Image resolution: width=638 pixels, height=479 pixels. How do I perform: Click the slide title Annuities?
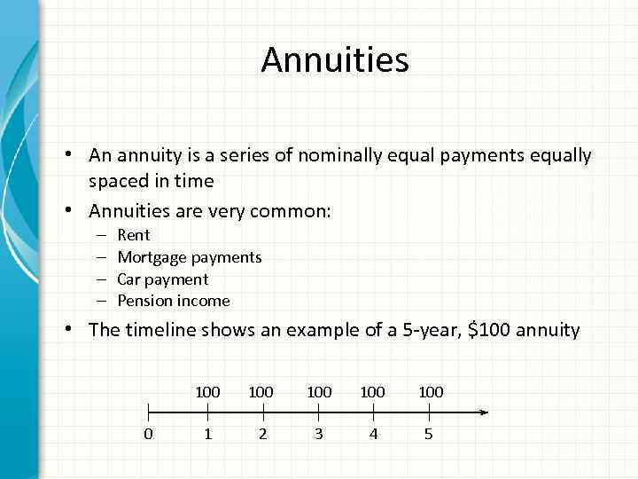click(335, 60)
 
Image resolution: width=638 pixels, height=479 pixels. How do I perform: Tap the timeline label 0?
click(148, 435)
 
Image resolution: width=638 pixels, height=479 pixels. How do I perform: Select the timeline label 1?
click(207, 435)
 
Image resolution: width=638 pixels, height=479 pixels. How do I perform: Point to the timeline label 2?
click(262, 435)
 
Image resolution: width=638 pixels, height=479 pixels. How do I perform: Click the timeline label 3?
click(318, 435)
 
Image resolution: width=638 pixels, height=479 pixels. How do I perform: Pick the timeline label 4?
click(373, 435)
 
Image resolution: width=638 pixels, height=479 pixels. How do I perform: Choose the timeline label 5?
click(429, 435)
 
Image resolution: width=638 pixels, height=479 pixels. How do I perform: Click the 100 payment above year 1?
click(207, 391)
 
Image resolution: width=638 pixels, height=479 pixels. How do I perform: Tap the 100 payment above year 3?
click(318, 391)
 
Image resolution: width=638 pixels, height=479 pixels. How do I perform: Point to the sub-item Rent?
click(134, 235)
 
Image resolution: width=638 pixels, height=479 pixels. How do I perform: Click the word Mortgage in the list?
click(152, 257)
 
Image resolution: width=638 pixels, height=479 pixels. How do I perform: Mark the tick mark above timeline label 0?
click(148, 412)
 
